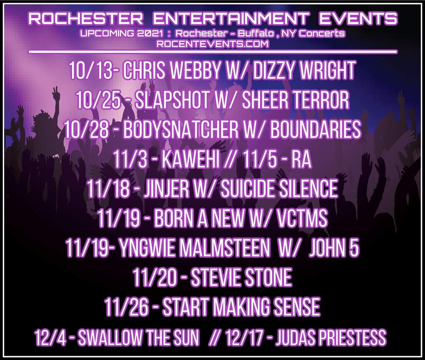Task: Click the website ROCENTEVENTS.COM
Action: pyautogui.click(x=213, y=44)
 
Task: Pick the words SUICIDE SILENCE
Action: pyautogui.click(x=279, y=189)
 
